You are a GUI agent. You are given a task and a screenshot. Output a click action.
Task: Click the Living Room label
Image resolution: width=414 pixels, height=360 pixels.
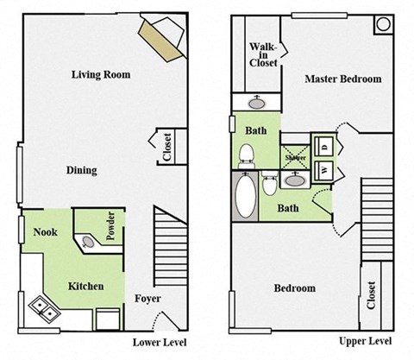point(100,75)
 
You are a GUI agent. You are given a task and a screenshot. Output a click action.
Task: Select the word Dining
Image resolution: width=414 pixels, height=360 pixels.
point(81,170)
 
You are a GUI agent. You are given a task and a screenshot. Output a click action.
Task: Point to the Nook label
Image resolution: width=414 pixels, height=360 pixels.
point(46,231)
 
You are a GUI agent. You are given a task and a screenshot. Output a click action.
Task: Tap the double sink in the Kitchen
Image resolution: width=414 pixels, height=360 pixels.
point(43,306)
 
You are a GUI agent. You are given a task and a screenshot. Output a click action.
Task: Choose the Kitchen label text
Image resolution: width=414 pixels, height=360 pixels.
point(86,286)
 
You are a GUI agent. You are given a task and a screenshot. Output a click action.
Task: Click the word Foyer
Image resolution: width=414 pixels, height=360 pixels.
point(147,299)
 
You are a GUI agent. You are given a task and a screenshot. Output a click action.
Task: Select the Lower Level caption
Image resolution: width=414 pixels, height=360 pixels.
point(160,343)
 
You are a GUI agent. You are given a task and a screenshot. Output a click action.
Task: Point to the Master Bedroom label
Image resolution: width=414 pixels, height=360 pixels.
point(342,79)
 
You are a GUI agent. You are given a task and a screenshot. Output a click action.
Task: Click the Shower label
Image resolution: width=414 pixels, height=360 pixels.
point(295,158)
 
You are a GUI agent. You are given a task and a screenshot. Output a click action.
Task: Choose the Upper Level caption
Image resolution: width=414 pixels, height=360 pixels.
point(361,343)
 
